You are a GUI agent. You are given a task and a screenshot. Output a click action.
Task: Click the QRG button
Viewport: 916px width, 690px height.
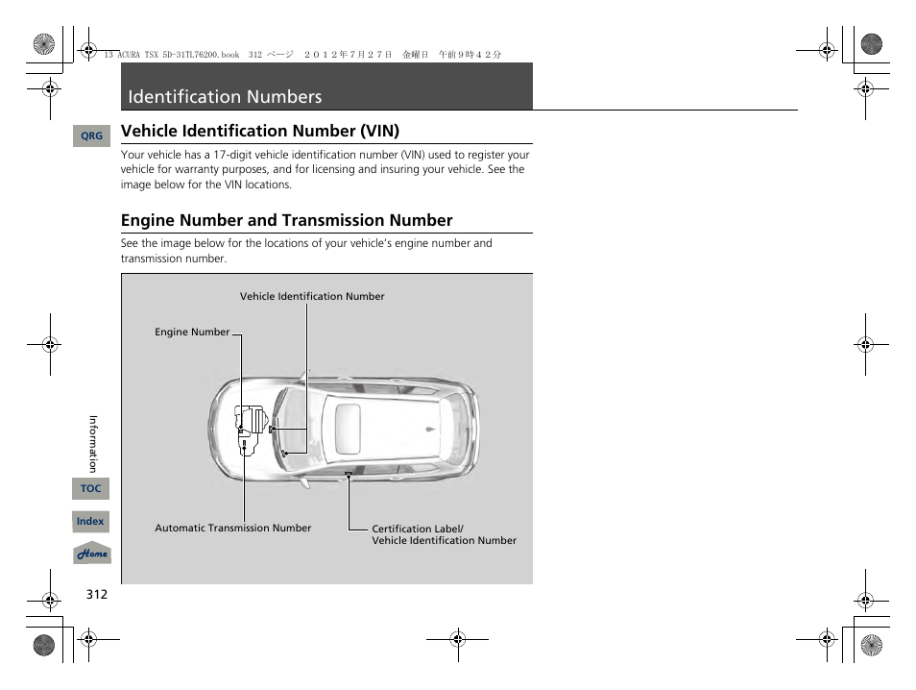[x=91, y=136]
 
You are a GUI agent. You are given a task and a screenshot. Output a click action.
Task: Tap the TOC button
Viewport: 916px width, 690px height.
[x=90, y=488]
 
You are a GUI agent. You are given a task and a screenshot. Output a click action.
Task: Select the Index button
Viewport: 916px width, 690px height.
[x=90, y=521]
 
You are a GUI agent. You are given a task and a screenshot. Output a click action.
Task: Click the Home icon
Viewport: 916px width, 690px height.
[x=92, y=554]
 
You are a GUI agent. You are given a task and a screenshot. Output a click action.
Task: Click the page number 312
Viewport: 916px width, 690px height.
[x=96, y=594]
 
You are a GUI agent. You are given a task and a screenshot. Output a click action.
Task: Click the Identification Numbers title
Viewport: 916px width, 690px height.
[x=225, y=97]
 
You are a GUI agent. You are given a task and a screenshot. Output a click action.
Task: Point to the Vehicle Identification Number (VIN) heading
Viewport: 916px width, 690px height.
[x=259, y=131]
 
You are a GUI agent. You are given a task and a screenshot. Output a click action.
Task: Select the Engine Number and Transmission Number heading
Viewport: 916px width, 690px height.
[x=286, y=220]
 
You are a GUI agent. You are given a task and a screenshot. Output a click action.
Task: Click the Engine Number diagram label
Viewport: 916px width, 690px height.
[x=192, y=333]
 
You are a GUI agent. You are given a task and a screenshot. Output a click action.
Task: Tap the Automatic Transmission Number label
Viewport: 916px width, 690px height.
[x=232, y=528]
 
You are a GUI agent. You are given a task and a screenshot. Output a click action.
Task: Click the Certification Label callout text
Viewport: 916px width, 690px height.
[x=417, y=529]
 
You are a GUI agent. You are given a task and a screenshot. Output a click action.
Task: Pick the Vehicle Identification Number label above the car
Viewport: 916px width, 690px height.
[x=311, y=297]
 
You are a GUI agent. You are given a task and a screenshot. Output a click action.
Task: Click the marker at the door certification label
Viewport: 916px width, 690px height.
[x=349, y=475]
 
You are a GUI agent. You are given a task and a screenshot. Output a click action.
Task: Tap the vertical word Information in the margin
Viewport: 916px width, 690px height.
[x=93, y=443]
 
